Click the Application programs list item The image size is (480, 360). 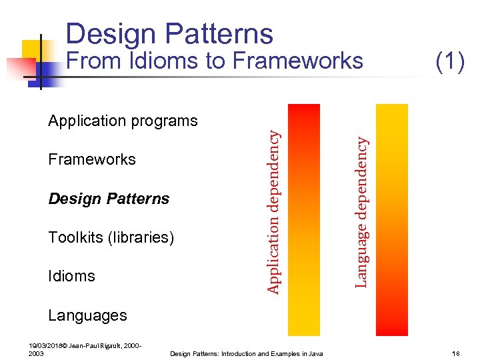(x=123, y=121)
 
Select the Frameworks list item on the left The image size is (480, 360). (x=92, y=159)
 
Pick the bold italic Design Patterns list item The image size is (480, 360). (x=109, y=199)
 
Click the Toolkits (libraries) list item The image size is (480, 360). (x=111, y=237)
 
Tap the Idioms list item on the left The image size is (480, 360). (x=71, y=276)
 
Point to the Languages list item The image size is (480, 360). (x=87, y=315)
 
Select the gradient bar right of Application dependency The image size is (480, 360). (x=303, y=219)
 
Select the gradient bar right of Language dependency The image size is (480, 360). (x=391, y=219)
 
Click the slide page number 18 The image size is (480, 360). (x=456, y=353)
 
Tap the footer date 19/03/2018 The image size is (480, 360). (x=45, y=346)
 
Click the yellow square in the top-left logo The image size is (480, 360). (x=32, y=50)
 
